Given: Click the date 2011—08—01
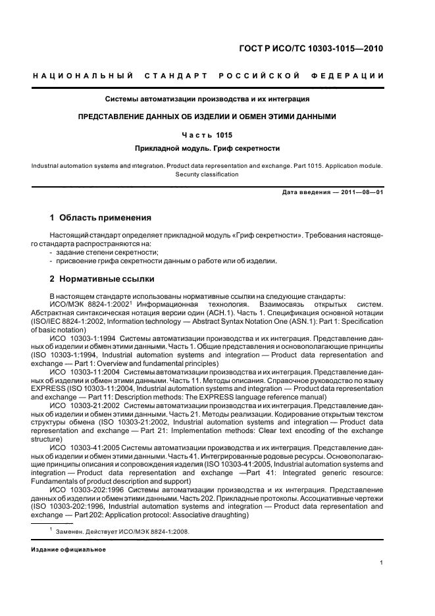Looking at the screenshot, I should pyautogui.click(x=362, y=192).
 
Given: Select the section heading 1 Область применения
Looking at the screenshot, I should pyautogui.click(x=101, y=218).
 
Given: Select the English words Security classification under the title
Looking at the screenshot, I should pyautogui.click(x=207, y=174).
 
